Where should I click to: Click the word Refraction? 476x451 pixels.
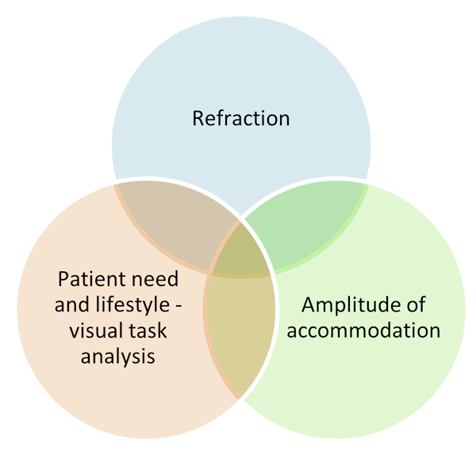pos(240,119)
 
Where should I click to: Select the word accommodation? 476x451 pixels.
pos(363,329)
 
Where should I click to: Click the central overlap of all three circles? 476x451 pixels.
pos(240,252)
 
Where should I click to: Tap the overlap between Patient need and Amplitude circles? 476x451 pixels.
pos(240,333)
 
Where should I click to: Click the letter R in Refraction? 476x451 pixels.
pos(198,119)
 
